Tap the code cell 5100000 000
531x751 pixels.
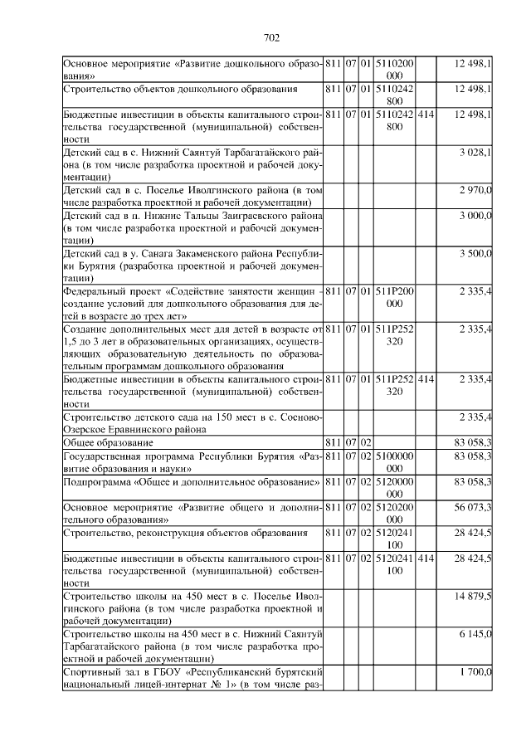click(395, 462)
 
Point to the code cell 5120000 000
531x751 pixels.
click(395, 487)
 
